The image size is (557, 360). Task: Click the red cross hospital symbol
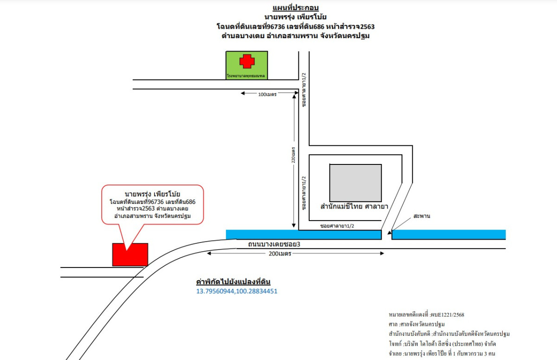[x=247, y=61]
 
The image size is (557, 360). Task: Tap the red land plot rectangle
[x=130, y=255]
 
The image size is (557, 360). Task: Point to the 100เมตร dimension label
[x=267, y=94]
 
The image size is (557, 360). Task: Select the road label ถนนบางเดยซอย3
[x=271, y=244]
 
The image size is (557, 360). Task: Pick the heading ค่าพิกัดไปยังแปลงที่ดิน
[x=233, y=281]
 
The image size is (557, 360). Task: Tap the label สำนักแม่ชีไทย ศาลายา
[x=354, y=205]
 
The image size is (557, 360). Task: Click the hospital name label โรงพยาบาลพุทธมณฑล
[x=246, y=75]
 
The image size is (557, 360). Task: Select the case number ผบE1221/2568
[x=447, y=314]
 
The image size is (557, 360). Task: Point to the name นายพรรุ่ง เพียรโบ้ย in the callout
[x=152, y=193]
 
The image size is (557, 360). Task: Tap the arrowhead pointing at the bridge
[x=391, y=229]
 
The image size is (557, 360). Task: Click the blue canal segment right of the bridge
[x=448, y=235]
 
